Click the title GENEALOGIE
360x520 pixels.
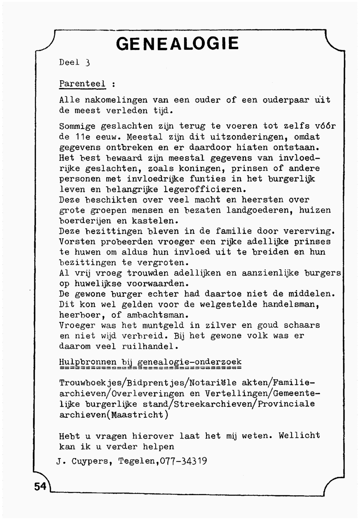pos(177,44)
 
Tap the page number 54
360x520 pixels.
pos(40,486)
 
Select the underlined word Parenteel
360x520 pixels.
pos(82,84)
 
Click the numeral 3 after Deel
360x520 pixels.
pos(87,62)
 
